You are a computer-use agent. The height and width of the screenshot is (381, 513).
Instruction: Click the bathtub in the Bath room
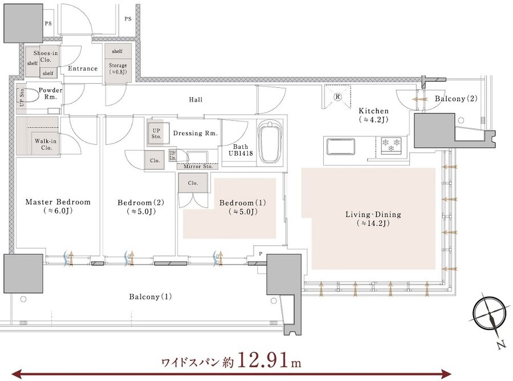(x=270, y=143)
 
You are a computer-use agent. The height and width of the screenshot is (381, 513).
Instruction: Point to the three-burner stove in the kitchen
(x=391, y=144)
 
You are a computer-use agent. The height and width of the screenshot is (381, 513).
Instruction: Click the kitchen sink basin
(x=341, y=147)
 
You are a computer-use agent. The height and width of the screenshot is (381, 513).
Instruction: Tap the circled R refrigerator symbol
(x=337, y=96)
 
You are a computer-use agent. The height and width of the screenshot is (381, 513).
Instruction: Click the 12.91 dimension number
(x=264, y=360)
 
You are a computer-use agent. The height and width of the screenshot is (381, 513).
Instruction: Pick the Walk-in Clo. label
(x=46, y=144)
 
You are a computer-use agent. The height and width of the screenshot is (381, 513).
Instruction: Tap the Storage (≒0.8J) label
(x=117, y=68)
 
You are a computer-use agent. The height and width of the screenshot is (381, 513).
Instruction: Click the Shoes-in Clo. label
(x=46, y=56)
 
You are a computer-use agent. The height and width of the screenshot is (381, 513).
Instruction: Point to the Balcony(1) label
(x=150, y=297)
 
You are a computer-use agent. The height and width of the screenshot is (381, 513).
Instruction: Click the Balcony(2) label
(x=456, y=98)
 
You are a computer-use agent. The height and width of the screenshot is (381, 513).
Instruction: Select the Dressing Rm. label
(x=196, y=133)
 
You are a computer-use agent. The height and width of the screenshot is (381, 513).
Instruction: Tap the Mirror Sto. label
(x=198, y=167)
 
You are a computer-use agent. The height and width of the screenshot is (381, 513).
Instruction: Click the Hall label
(x=196, y=99)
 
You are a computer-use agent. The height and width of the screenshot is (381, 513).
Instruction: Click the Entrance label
(x=83, y=68)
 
